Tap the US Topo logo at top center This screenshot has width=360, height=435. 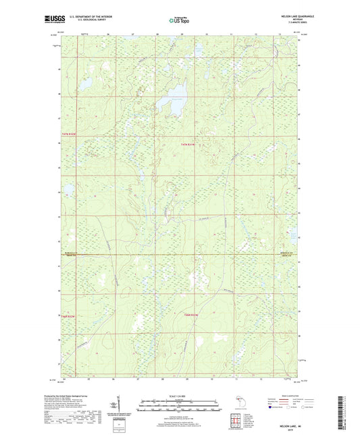coord(179,20)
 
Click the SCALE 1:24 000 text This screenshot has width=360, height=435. coord(179,395)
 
